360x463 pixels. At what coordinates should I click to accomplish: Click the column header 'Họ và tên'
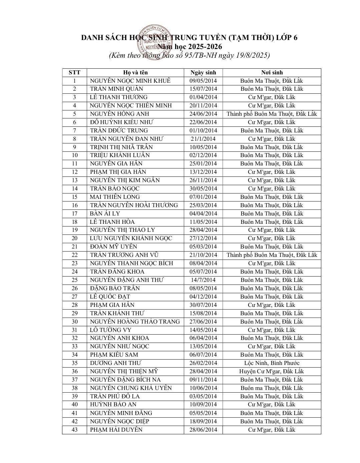coord(135,72)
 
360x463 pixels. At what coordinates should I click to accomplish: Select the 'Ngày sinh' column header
coord(203,72)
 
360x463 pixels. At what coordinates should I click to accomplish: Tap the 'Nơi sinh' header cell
coord(272,72)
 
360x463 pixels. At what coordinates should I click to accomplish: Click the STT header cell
coord(74,72)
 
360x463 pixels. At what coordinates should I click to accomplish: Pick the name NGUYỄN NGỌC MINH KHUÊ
coord(130,81)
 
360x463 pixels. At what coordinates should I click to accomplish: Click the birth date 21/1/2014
coord(203,139)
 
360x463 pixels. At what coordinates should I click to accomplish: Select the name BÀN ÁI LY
coord(105,213)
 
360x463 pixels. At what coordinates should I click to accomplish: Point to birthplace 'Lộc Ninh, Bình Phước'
coord(272,363)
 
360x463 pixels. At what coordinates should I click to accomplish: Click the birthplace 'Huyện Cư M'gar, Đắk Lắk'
coord(272,371)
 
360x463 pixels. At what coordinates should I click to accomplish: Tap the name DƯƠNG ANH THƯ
coord(116,363)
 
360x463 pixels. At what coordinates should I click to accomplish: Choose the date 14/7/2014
coord(203,280)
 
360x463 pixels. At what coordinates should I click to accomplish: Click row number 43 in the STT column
coord(74,430)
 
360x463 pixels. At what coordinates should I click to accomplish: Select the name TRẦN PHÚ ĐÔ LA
coord(115,396)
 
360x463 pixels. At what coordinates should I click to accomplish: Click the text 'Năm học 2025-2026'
coord(190,47)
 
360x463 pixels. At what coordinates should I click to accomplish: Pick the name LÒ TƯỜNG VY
coord(110,330)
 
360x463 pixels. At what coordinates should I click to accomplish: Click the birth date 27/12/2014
coord(203,238)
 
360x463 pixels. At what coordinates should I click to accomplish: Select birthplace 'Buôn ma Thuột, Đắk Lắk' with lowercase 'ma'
coord(272,388)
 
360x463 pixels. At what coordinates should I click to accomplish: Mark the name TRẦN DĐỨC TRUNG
coord(119,130)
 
